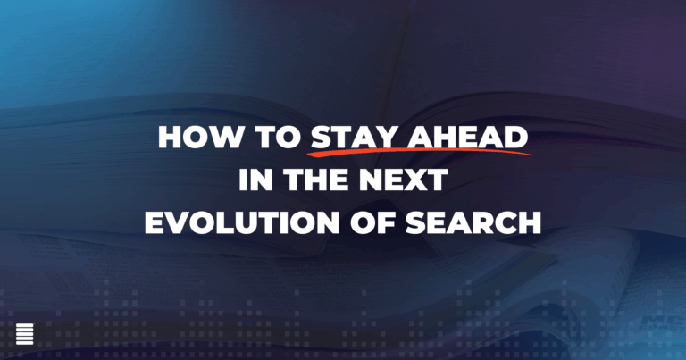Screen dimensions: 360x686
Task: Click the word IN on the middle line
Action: pos(253,180)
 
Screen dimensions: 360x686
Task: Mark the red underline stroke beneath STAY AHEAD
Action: pos(420,155)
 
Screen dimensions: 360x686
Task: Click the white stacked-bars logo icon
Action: pos(24,333)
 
